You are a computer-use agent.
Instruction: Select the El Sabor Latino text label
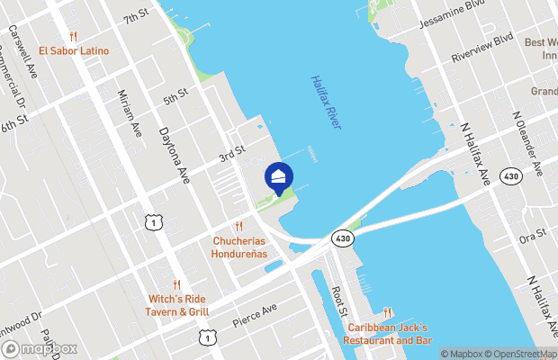pos(75,51)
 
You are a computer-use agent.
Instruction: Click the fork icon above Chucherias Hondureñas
pos(239,226)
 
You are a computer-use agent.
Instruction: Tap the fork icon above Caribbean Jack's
pos(387,312)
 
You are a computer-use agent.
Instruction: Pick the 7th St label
pos(136,18)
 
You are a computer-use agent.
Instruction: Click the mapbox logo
pos(38,348)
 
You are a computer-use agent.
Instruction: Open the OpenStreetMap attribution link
pos(517,354)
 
